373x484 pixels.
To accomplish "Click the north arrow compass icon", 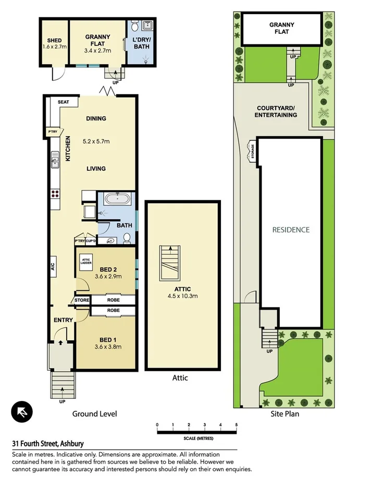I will pyautogui.click(x=22, y=412).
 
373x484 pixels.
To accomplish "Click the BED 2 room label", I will pyautogui.click(x=108, y=269).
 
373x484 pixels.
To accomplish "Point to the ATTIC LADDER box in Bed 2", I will pyautogui.click(x=86, y=263).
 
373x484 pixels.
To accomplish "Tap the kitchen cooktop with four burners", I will pyautogui.click(x=55, y=194).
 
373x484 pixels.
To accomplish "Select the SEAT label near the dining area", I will pyautogui.click(x=64, y=102).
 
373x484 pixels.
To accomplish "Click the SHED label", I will pyautogui.click(x=54, y=41).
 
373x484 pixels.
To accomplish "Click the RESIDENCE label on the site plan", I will pyautogui.click(x=291, y=230).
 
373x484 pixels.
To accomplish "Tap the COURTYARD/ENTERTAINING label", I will pyautogui.click(x=276, y=111).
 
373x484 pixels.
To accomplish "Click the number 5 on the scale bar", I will pyautogui.click(x=237, y=424).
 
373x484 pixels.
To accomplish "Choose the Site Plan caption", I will pyautogui.click(x=284, y=414).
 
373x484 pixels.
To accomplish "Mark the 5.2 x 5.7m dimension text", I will pyautogui.click(x=96, y=141).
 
